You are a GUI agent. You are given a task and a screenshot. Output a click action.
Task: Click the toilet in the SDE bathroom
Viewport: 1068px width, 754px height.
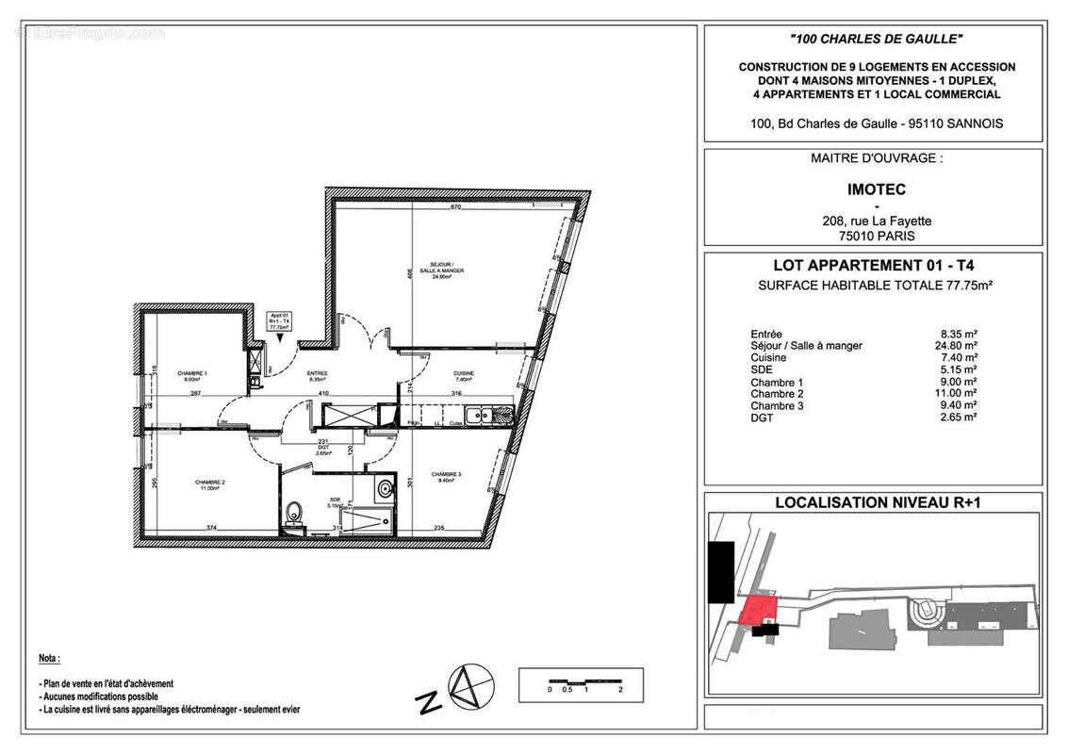pyautogui.click(x=294, y=515)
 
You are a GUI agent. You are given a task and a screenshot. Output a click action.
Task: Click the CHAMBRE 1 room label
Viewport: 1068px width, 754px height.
pyautogui.click(x=192, y=376)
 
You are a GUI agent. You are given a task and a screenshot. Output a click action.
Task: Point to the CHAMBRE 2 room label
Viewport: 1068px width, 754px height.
pyautogui.click(x=210, y=484)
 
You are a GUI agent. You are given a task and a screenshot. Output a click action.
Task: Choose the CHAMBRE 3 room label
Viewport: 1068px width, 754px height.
pyautogui.click(x=446, y=476)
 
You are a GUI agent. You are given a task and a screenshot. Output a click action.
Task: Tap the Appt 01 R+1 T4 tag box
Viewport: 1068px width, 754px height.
pyautogui.click(x=278, y=321)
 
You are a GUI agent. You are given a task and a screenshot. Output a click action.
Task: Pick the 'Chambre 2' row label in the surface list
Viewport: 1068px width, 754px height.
pyautogui.click(x=771, y=394)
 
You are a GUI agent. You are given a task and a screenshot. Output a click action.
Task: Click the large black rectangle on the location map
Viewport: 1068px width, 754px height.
pyautogui.click(x=721, y=573)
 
